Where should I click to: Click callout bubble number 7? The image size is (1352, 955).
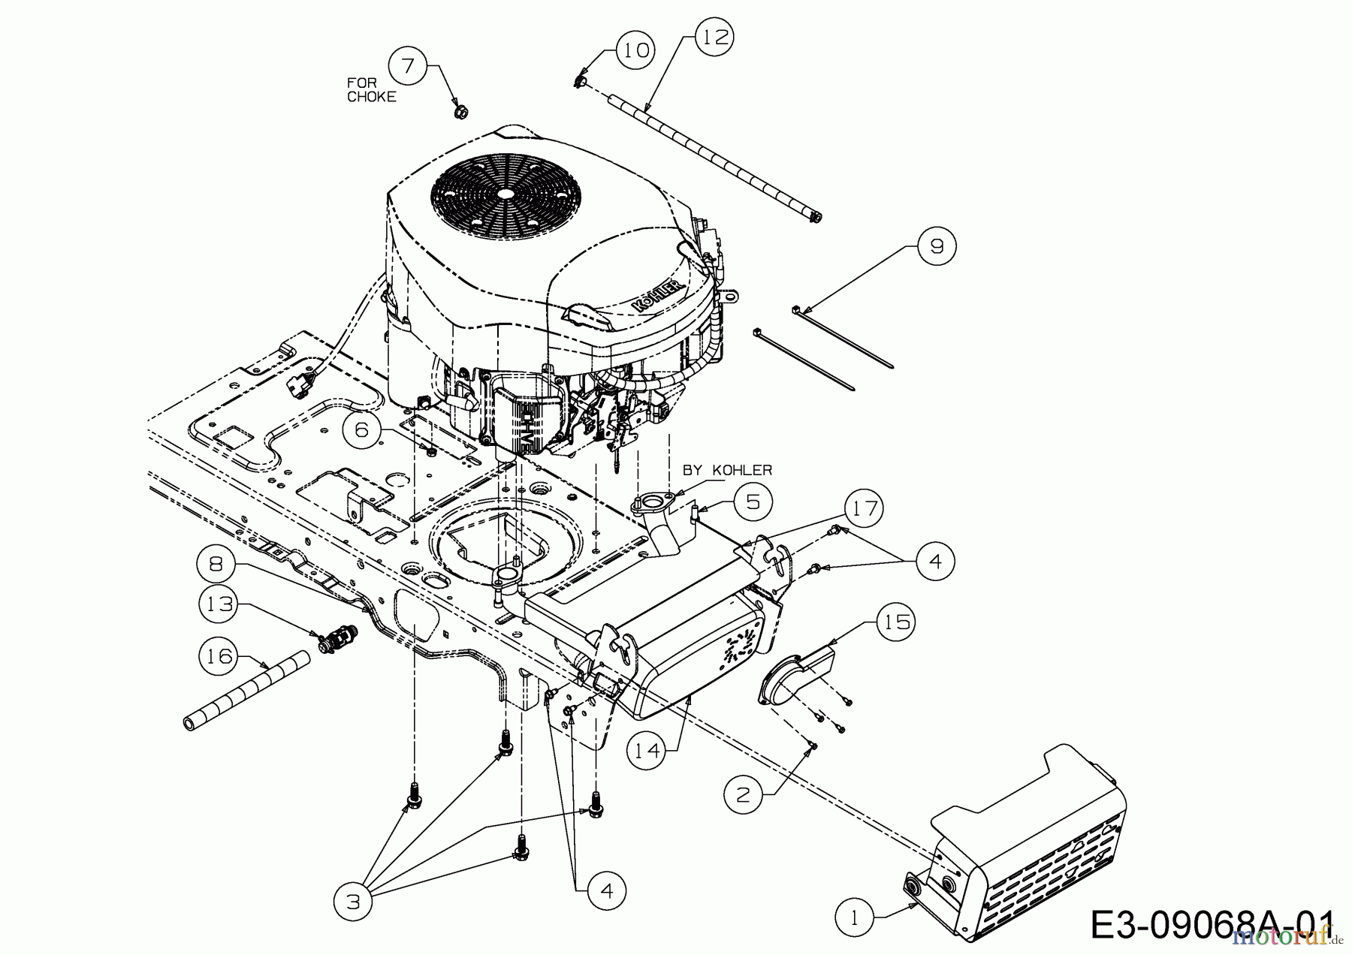[408, 66]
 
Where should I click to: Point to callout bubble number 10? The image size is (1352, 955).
[635, 51]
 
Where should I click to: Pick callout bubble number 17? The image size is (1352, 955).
[864, 509]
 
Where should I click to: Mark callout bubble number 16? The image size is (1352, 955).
[219, 655]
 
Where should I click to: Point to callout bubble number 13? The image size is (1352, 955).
[219, 603]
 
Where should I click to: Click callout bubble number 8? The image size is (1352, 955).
[217, 564]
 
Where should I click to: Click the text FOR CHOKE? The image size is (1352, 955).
[371, 89]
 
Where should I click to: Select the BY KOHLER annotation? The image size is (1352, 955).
[726, 470]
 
